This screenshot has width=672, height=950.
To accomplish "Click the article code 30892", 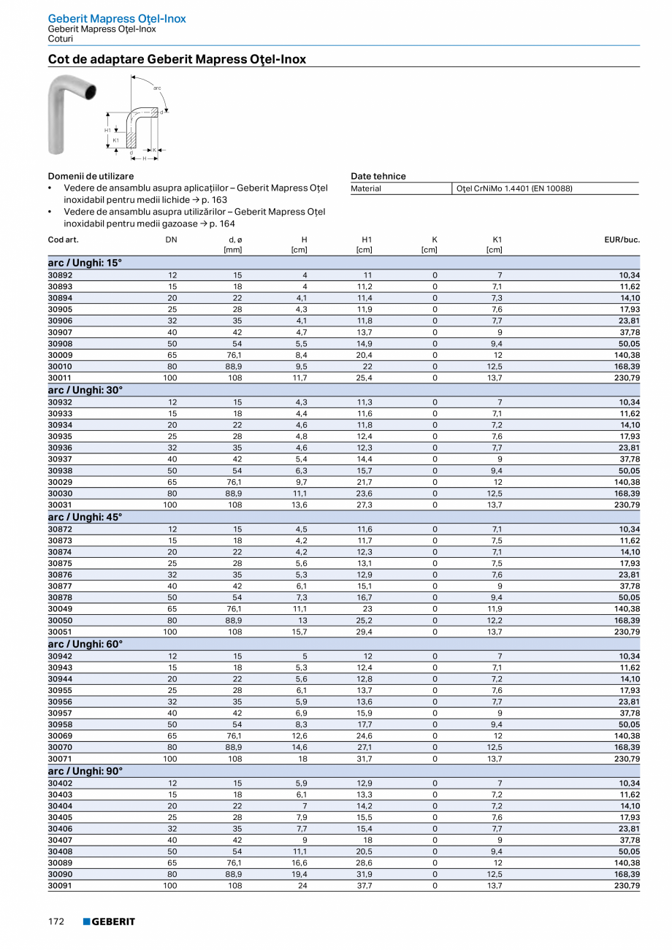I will pos(60,275).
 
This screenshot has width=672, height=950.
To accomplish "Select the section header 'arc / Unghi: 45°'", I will pos(85,517).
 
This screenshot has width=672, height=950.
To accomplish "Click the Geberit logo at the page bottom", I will pos(109,922).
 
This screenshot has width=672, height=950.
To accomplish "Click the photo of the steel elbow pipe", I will pos(69,115).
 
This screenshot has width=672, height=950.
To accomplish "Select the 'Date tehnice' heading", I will pos(378,176).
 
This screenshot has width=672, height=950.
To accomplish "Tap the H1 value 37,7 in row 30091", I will pos(364,886).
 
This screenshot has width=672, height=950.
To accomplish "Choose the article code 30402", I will pos(60,783).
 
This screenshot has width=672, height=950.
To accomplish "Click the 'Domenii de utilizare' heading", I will pos(91,176).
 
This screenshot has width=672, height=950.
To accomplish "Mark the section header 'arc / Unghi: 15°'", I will pos(85,263).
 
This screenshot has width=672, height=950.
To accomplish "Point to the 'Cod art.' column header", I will pos(63,240).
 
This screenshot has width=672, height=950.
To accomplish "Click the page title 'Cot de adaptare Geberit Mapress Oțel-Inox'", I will pos(177,59).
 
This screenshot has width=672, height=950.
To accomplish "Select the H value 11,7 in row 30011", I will pos(299,378).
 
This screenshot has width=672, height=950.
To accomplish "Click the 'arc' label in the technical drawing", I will pos(157,88).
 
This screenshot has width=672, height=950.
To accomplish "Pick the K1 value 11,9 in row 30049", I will pos(495,608).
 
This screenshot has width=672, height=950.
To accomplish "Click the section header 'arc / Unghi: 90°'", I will pos(85,771).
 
